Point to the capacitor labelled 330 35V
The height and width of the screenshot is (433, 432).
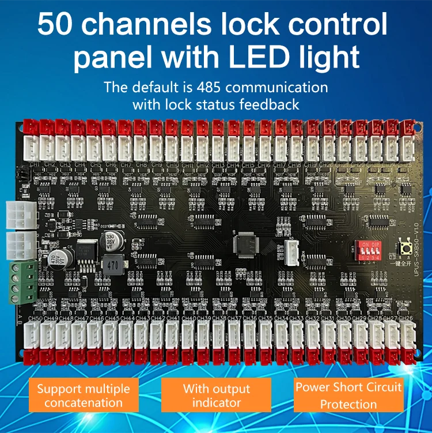click(109, 240)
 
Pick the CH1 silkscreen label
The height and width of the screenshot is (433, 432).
click(35, 165)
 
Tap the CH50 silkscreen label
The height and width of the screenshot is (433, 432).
click(35, 318)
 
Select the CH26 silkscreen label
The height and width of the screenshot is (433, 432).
click(406, 318)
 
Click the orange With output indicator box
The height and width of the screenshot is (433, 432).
click(216, 395)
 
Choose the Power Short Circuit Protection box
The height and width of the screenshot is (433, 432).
click(348, 395)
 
